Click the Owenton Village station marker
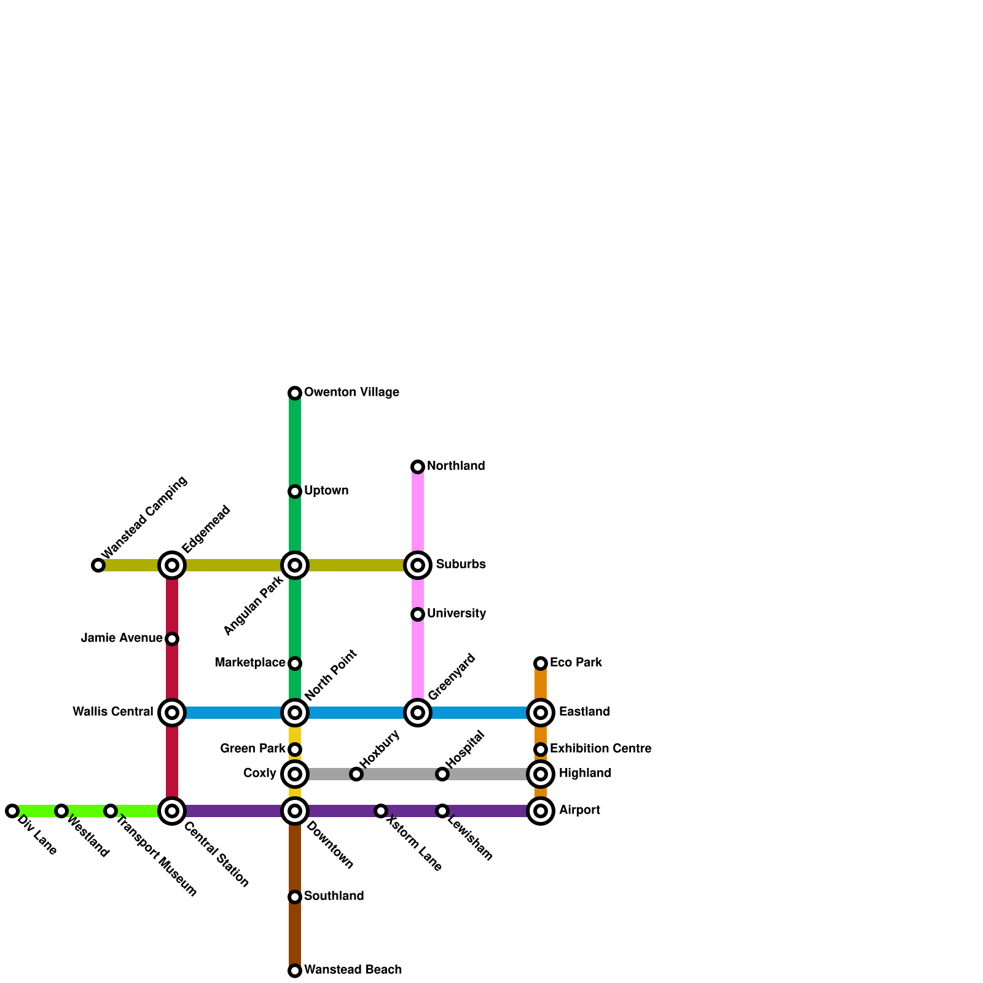pos(295,393)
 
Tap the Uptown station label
pos(326,491)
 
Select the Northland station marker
pos(418,467)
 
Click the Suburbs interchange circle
pos(418,565)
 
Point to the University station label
pos(456,614)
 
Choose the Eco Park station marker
pos(541,664)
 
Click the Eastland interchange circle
pos(541,713)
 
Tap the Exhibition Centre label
pos(600,749)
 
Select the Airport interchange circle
pos(541,811)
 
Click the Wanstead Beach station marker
pos(295,971)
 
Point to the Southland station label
pos(334,896)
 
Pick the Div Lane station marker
pos(12,811)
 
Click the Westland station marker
pos(61,811)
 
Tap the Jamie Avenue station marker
pos(172,639)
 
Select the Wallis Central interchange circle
pos(172,713)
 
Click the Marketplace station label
pos(249,663)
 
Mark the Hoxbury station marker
pos(356,774)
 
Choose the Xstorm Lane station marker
pos(381,811)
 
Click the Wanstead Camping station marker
pos(98,565)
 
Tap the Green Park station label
pos(253,749)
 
